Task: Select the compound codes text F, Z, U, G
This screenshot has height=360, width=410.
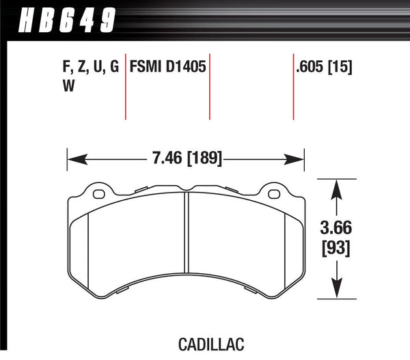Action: (85, 68)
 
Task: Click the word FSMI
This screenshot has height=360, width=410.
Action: (144, 68)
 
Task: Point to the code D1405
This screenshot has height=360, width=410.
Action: (184, 68)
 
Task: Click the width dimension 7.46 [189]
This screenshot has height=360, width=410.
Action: (186, 160)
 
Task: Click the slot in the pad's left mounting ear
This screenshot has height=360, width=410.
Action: (98, 193)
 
